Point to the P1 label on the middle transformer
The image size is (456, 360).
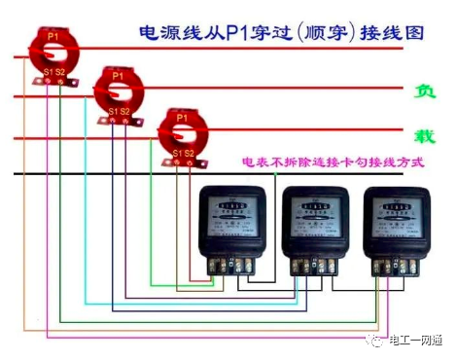pos(118,75)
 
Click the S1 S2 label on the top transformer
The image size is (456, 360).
pos(53,72)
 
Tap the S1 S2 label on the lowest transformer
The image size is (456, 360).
pos(183,153)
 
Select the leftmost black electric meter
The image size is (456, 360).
pos(227,229)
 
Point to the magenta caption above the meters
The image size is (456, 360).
pos(336,162)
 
